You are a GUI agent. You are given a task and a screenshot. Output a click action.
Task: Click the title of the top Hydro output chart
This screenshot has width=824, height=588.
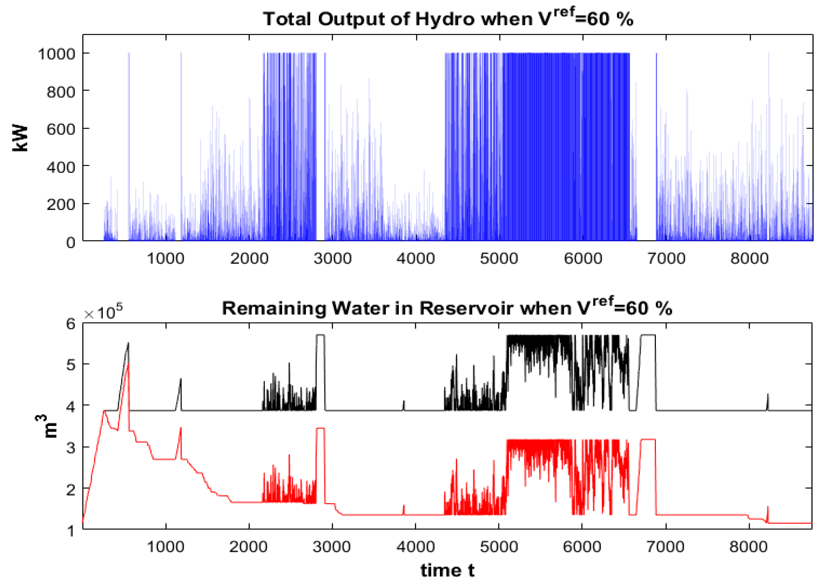(x=448, y=19)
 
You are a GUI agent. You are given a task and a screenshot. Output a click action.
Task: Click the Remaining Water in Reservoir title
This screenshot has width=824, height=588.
(x=447, y=308)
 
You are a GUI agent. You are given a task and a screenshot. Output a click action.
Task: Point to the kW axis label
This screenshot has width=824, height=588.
(x=20, y=138)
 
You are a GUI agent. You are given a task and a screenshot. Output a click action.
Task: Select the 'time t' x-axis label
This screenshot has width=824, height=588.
(x=447, y=570)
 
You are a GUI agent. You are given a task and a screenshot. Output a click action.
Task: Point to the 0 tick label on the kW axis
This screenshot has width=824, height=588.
(x=70, y=243)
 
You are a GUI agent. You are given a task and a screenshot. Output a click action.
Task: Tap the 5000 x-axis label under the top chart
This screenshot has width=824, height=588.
(x=499, y=258)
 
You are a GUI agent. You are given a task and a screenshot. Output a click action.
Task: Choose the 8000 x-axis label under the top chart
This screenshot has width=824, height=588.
(x=749, y=258)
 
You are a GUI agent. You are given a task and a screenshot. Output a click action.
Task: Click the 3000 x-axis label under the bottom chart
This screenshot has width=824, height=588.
(x=331, y=547)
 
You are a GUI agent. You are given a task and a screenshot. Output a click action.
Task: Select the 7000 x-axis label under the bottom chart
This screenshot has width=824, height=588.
(x=665, y=547)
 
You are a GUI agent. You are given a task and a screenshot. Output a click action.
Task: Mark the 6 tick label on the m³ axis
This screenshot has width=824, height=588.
(x=70, y=324)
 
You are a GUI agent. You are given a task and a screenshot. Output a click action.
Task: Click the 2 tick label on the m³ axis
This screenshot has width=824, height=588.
(x=70, y=489)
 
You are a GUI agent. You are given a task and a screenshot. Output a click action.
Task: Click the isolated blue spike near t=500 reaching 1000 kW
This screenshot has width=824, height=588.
(x=129, y=130)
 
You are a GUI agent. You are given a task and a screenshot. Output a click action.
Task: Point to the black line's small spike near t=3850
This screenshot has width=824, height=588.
(x=404, y=404)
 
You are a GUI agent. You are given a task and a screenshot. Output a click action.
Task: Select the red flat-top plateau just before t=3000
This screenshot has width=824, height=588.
(x=321, y=429)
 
